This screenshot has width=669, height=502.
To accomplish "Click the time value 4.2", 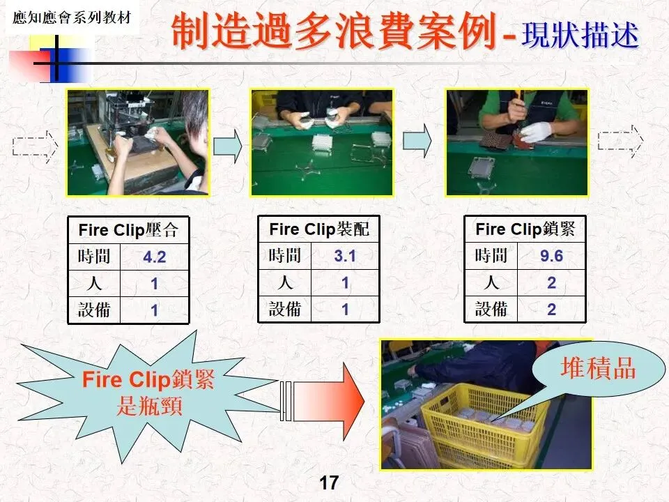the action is pos(155,257).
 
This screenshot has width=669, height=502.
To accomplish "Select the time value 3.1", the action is pos(345,256).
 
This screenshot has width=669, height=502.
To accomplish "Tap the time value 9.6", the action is pos(551,256).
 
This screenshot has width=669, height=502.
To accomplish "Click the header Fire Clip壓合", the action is pos(128,230).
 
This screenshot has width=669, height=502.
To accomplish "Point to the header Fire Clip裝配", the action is pos(318,229).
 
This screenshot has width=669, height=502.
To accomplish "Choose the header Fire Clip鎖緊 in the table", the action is pos(525,229).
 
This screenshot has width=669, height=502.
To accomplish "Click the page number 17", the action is pos(328,482).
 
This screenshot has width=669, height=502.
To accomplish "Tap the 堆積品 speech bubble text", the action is pos(598,367).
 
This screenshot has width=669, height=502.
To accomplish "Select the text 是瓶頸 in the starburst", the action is pos(149,406).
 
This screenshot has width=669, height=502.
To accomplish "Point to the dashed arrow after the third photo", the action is pos(620,142).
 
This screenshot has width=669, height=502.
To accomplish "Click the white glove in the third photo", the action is pos(536,132).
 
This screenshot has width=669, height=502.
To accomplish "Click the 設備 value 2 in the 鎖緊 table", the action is pos(551,310).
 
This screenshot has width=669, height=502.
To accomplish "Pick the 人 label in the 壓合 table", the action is pos(94,284).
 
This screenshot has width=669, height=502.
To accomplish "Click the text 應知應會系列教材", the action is pos(72,18).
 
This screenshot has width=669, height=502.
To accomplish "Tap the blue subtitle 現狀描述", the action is pos(580,34).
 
